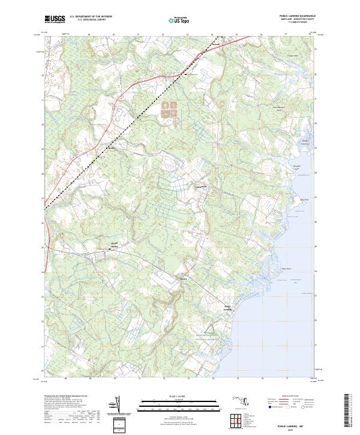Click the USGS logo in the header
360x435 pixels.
point(55,19)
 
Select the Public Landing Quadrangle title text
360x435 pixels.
point(297,15)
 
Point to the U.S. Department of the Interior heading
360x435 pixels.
point(91,17)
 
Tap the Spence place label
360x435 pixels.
point(184,278)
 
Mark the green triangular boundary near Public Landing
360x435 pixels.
point(211,330)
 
